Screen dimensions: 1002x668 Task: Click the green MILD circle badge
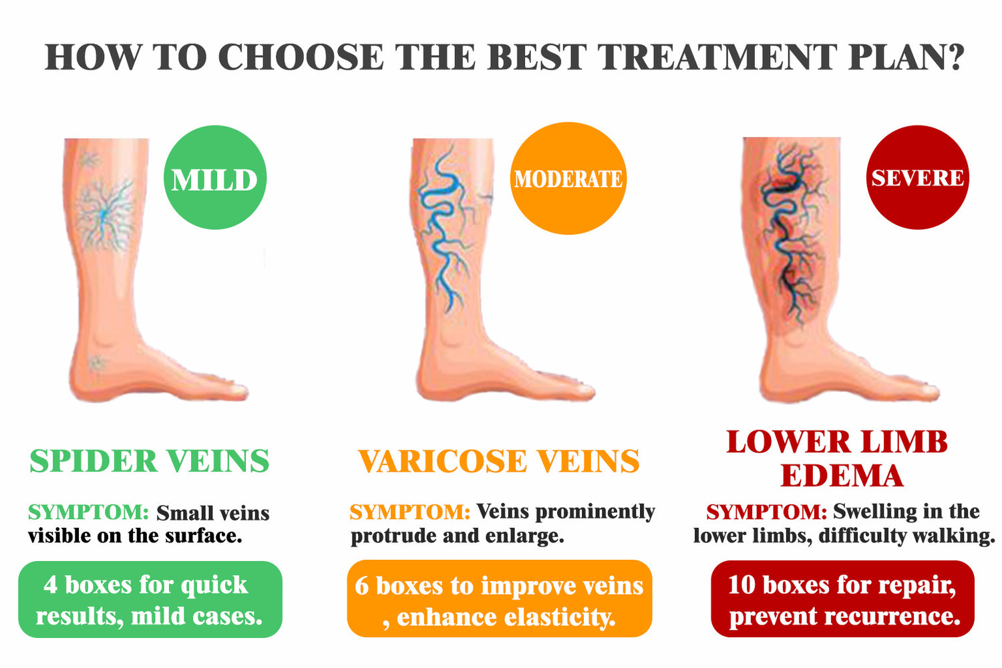click(x=215, y=178)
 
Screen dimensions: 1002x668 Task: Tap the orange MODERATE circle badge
click(x=568, y=178)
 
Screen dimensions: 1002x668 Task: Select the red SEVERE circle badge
click(x=917, y=178)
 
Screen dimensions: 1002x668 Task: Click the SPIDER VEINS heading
click(x=150, y=461)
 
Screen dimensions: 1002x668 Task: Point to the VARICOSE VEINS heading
click(x=499, y=461)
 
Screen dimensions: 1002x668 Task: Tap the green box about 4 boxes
click(x=150, y=599)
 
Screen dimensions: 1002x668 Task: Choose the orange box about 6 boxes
click(x=500, y=599)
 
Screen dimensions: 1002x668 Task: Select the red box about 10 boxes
click(x=843, y=599)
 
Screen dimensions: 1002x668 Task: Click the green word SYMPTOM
click(x=88, y=512)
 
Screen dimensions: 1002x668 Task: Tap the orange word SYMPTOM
click(x=409, y=512)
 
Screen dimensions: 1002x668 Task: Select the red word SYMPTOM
click(x=767, y=512)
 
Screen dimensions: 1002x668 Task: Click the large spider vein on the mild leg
click(x=105, y=215)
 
